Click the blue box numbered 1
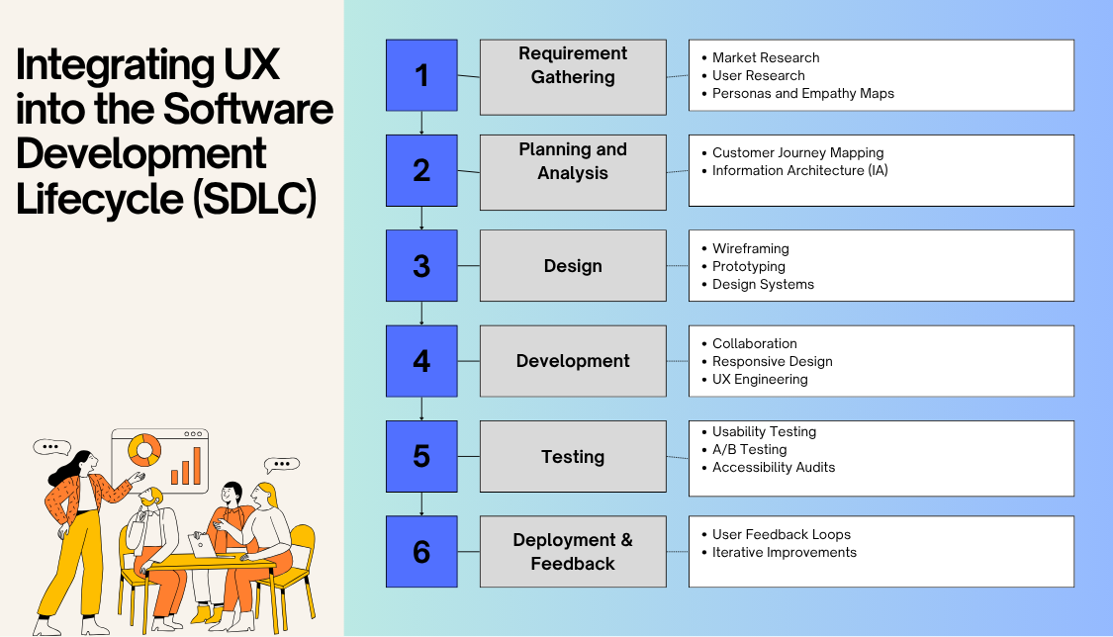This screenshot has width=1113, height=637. click(421, 75)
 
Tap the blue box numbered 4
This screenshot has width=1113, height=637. click(421, 361)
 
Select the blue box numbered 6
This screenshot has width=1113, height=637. click(421, 551)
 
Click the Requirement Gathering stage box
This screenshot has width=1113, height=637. click(573, 76)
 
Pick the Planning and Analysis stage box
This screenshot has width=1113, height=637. click(573, 171)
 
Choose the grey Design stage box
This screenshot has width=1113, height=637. click(573, 266)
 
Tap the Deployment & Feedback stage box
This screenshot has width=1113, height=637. click(573, 551)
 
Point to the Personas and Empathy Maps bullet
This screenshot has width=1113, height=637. click(802, 93)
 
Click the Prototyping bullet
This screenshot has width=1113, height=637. click(748, 266)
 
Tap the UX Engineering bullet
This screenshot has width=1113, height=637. click(760, 379)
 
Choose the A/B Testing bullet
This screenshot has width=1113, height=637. click(749, 449)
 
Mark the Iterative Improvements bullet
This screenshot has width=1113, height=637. click(784, 552)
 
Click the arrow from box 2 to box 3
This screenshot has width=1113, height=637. click(422, 219)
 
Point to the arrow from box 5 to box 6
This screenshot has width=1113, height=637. click(422, 504)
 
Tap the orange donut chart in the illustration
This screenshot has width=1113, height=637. click(145, 451)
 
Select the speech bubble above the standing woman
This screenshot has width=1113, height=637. click(52, 447)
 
